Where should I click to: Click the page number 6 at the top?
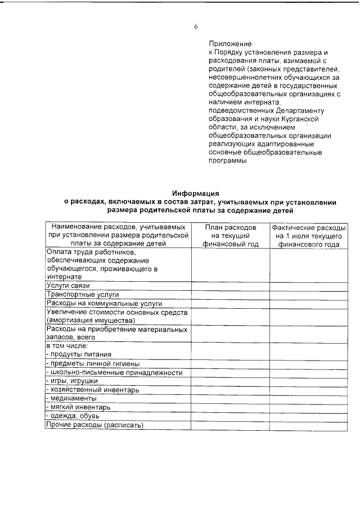[196, 27]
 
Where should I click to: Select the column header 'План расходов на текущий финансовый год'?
[230, 235]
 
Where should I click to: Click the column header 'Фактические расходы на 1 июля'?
[308, 235]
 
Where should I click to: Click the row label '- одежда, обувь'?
[73, 416]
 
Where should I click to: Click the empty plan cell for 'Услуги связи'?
[230, 286]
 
